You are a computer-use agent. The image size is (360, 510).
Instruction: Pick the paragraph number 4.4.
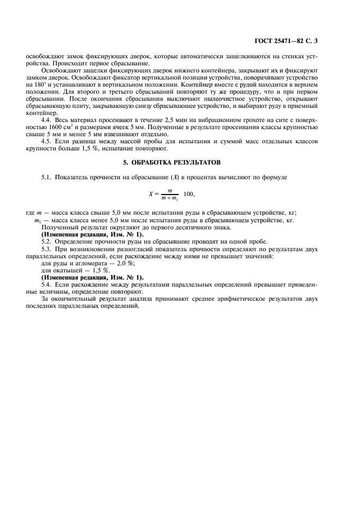[47, 118]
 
